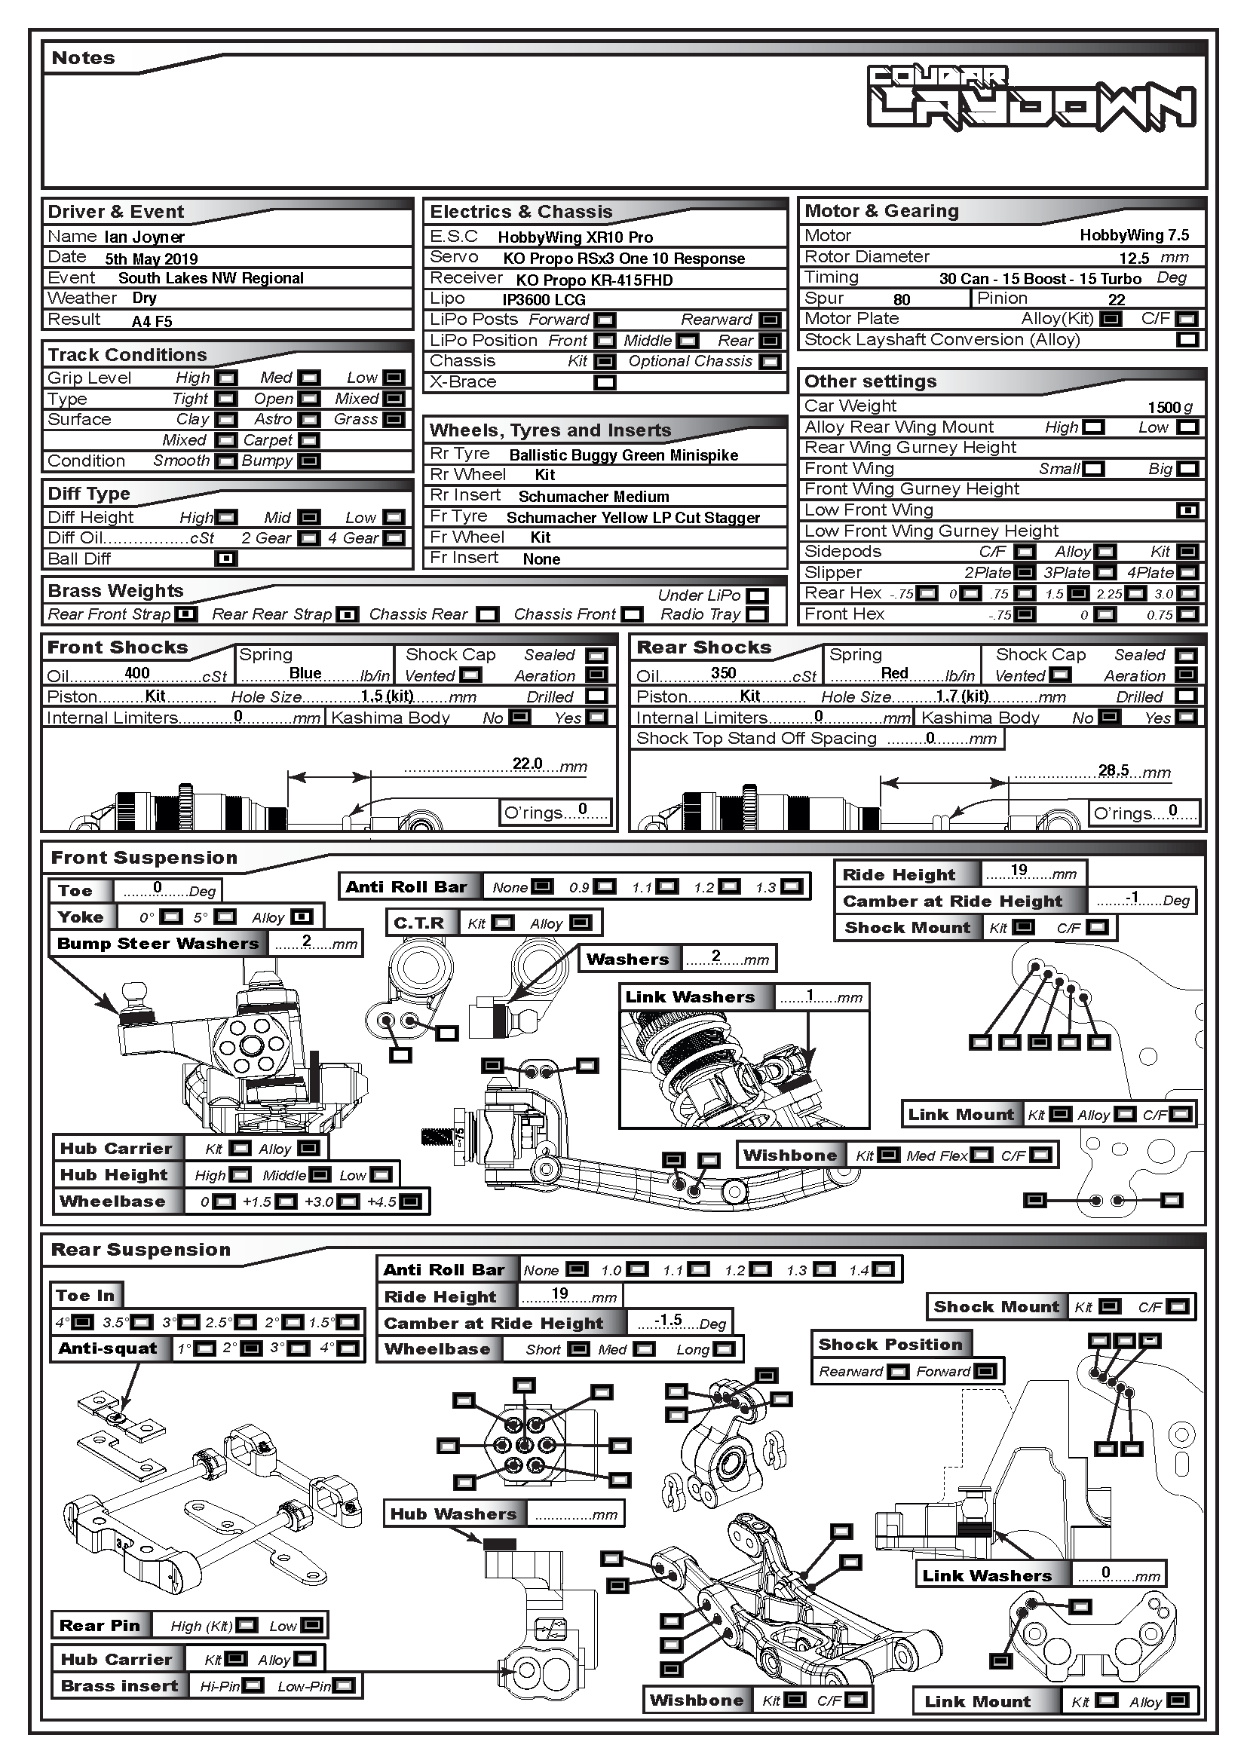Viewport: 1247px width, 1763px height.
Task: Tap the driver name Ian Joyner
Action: pos(144,237)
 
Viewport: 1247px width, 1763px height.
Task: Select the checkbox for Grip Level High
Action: pos(225,378)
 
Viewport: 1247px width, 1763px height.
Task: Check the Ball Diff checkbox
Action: pos(225,559)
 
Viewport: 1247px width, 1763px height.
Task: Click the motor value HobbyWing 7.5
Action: pos(1133,236)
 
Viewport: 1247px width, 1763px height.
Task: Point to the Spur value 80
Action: pos(902,299)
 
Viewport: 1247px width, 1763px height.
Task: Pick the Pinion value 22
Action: pos(1117,299)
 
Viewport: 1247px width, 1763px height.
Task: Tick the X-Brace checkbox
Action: pos(605,382)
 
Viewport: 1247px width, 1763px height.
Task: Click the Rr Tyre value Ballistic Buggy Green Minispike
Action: pos(623,455)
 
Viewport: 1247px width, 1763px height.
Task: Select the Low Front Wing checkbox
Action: pos(1187,510)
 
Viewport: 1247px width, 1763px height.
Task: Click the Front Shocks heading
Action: pos(118,648)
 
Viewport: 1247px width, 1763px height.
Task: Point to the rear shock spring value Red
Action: pos(895,673)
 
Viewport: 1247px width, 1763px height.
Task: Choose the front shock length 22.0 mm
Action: pos(528,764)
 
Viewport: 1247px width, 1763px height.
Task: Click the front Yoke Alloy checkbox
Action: pos(302,917)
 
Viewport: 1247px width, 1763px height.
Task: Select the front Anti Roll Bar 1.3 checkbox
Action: pos(791,887)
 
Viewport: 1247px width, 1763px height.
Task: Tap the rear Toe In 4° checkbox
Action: pos(82,1322)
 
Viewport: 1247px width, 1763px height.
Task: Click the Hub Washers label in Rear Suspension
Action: pos(453,1514)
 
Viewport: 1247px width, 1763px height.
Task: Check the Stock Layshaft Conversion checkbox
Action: pos(1187,340)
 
